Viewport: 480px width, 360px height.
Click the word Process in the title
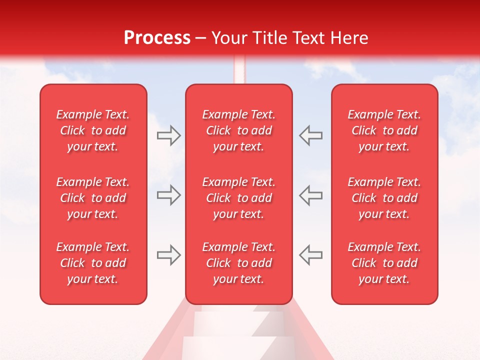tap(157, 38)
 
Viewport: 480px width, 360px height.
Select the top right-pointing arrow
tap(168, 135)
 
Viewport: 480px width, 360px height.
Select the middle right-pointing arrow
tap(168, 195)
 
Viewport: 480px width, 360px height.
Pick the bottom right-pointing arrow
tap(168, 254)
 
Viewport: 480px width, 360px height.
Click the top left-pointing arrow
tap(311, 135)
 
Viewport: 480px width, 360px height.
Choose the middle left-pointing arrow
tap(311, 195)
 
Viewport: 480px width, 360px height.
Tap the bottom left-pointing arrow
tap(311, 254)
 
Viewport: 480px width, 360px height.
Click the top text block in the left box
tap(93, 130)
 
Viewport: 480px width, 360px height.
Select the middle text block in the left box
tap(93, 198)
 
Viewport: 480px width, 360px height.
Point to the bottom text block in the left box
tap(93, 263)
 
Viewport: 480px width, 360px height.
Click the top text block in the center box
tap(238, 130)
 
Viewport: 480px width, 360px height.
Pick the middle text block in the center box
tap(238, 198)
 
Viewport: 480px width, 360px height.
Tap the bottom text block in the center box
tap(238, 263)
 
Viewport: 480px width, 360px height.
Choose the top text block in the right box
tap(384, 130)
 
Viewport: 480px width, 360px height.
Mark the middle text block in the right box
tap(384, 198)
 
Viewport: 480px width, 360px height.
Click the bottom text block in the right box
tap(384, 263)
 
